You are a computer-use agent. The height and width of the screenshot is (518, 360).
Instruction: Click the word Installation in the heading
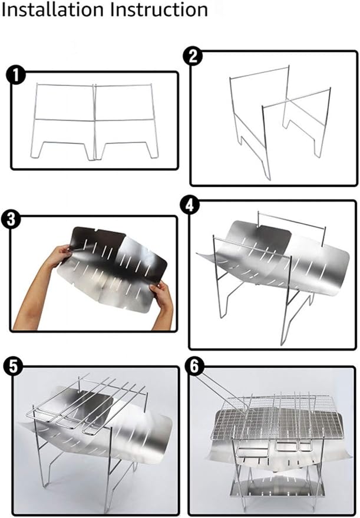[54, 10]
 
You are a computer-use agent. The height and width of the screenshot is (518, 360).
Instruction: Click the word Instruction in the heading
[159, 10]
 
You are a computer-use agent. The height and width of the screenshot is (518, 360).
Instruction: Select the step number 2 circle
[193, 56]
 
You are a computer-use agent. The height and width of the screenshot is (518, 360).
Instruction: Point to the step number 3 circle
[11, 219]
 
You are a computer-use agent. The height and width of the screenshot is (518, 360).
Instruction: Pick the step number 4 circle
[189, 206]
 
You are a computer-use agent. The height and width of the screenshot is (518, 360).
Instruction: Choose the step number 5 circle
[13, 367]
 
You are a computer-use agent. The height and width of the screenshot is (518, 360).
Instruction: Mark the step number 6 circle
[195, 367]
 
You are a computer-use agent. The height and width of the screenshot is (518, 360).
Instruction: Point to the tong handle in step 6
[222, 393]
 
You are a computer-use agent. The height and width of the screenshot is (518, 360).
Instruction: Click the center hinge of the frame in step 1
[94, 122]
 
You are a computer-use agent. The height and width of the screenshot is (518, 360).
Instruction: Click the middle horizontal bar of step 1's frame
[94, 119]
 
